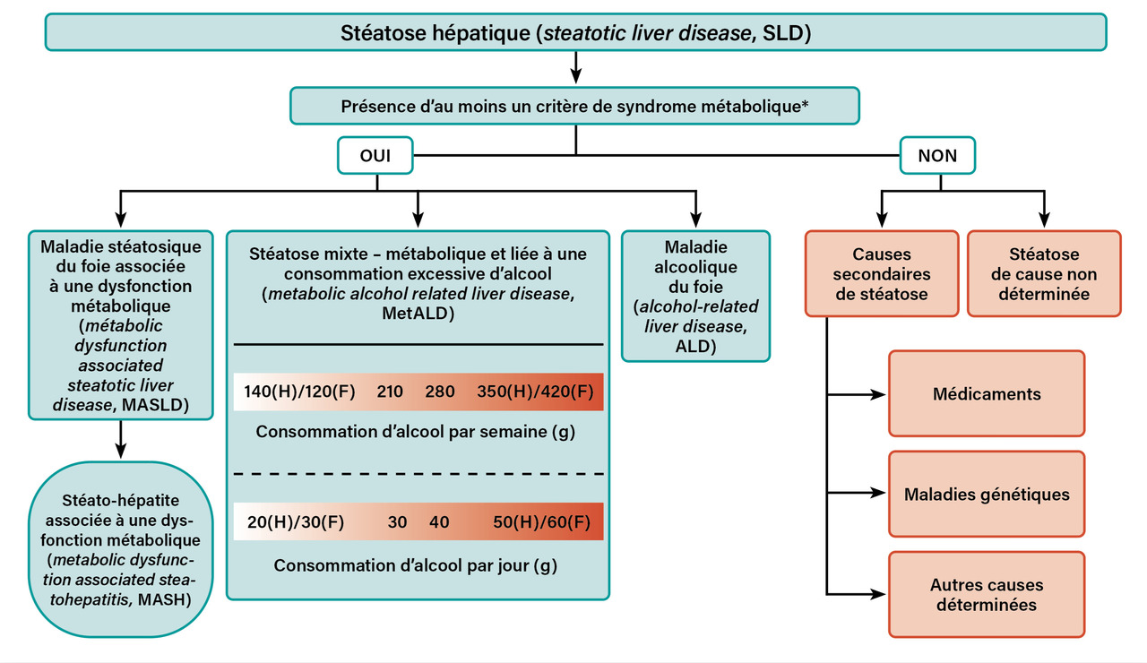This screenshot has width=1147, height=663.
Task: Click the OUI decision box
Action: [375, 156]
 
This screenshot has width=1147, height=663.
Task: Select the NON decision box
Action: [937, 156]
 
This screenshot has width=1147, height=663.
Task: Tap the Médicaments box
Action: [986, 393]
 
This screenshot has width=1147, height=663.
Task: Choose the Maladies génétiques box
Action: [986, 494]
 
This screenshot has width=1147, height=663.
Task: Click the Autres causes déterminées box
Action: [986, 595]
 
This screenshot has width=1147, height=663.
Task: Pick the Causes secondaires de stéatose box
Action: [880, 274]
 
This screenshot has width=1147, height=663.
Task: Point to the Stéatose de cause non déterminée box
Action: [1043, 274]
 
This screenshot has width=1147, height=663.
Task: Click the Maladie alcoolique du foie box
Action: [695, 297]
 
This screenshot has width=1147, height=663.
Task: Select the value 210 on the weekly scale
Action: [389, 392]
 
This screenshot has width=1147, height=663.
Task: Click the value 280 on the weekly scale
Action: [441, 392]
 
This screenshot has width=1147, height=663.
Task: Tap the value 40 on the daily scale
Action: [439, 522]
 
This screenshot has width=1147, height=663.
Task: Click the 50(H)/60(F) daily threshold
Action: [541, 522]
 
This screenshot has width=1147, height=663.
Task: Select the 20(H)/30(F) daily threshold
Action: [289, 522]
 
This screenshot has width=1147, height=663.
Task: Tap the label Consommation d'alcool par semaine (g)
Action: [415, 431]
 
